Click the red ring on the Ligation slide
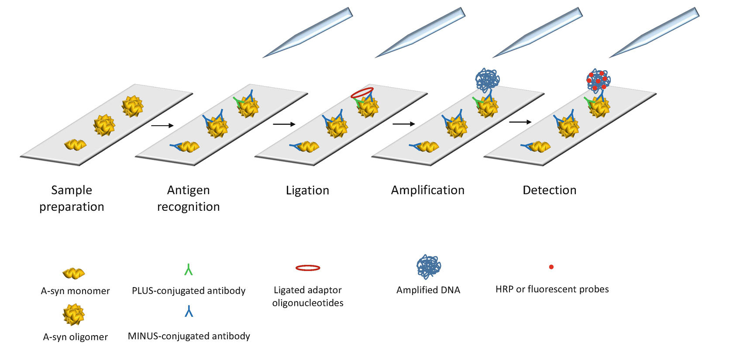click(x=362, y=93)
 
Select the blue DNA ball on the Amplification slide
click(x=487, y=79)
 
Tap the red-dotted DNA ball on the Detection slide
click(x=598, y=80)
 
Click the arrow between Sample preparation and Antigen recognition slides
click(x=162, y=126)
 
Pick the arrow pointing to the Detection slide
click(x=520, y=122)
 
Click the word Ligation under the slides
click(x=307, y=191)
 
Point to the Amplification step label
click(x=427, y=190)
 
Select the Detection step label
click(x=549, y=190)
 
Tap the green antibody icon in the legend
click(x=188, y=270)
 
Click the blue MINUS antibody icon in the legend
click(x=189, y=311)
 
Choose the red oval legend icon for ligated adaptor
click(x=308, y=268)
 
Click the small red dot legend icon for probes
click(x=551, y=267)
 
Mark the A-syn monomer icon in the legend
click(x=73, y=274)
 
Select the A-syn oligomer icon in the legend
click(x=73, y=315)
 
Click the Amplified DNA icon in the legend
click(x=428, y=267)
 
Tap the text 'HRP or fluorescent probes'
click(x=552, y=289)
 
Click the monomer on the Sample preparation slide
click(x=75, y=144)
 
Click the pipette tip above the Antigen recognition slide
click(x=307, y=33)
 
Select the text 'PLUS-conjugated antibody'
click(x=189, y=291)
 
